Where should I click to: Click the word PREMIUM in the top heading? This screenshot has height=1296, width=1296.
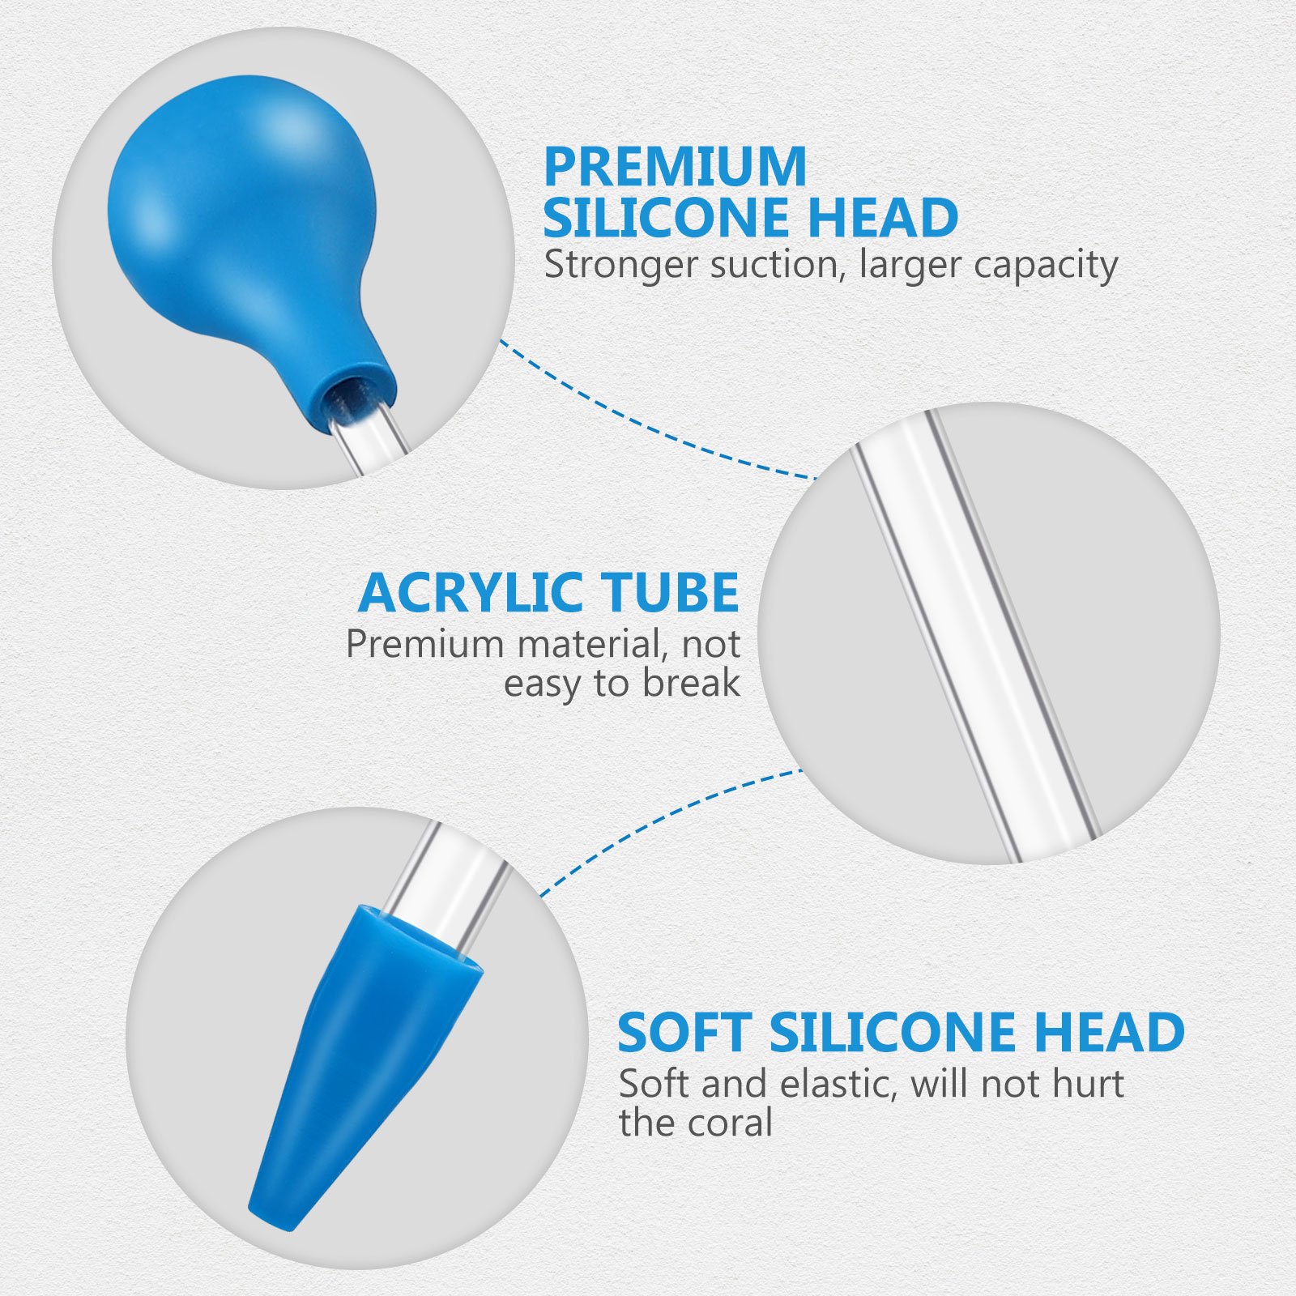click(675, 167)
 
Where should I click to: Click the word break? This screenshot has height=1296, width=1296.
click(692, 683)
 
